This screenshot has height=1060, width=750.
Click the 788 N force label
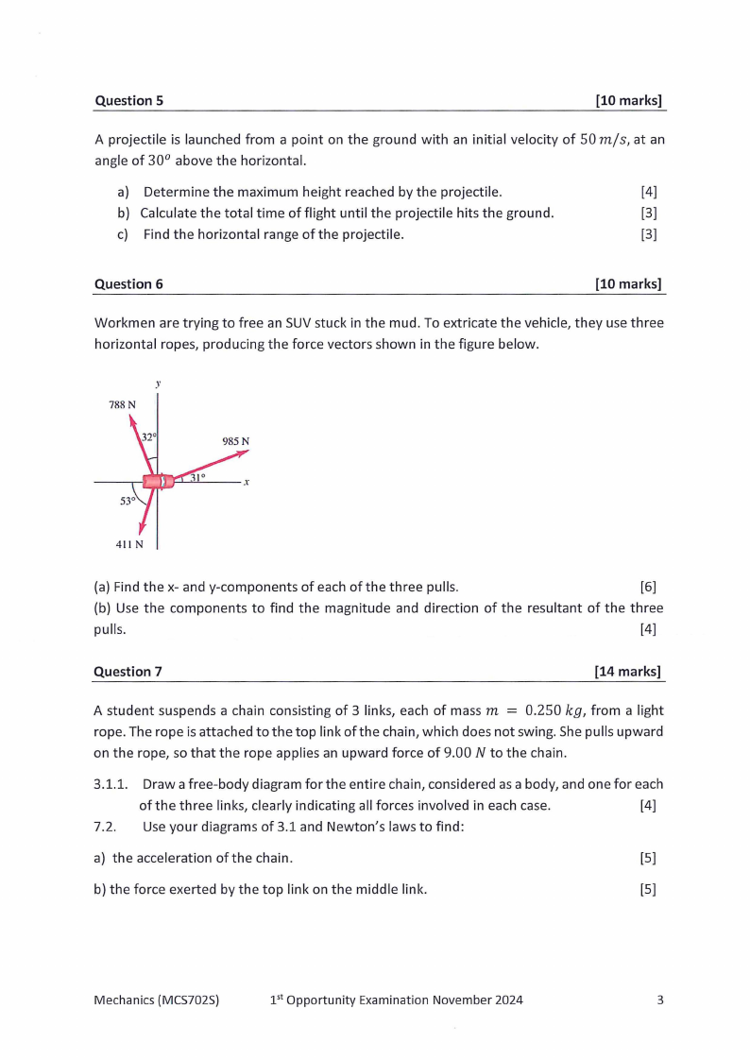122,404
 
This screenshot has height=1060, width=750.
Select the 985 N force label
235,441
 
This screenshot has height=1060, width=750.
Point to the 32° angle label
148,437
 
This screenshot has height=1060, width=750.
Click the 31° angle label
197,478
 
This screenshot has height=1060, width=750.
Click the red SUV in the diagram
157,481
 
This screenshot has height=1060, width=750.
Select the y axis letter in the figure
159,383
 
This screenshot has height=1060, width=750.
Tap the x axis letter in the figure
246,482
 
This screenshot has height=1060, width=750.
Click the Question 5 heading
128,100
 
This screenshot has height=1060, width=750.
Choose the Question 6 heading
128,283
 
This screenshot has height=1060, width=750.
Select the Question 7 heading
128,672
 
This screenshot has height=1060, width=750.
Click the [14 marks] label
627,672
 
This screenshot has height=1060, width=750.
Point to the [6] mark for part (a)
648,588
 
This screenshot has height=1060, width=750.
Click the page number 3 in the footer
660,1000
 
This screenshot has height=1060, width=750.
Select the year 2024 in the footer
506,1000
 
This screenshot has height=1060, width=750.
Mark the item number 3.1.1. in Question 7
113,784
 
